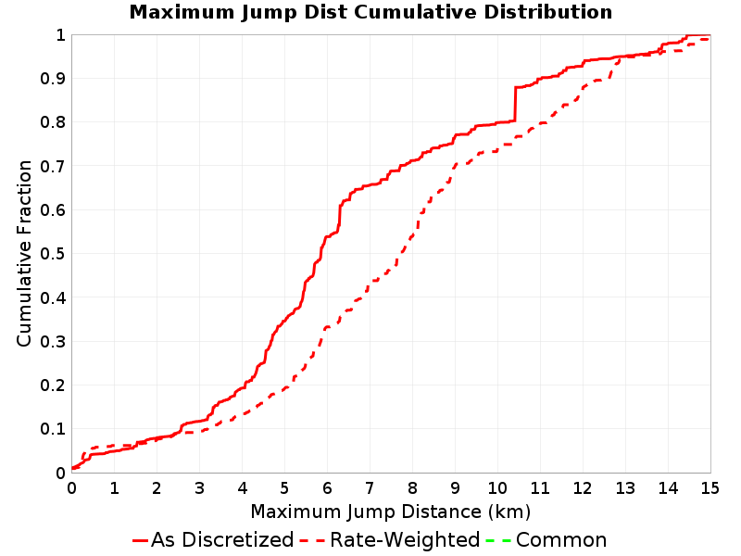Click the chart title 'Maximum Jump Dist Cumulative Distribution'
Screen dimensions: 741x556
point(370,12)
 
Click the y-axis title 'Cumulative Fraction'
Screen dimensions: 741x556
point(24,253)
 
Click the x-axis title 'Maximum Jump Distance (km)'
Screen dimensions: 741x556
point(391,512)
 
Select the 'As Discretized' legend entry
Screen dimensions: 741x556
point(213,540)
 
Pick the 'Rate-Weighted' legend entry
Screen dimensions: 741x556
point(390,540)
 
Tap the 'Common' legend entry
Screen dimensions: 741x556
point(546,540)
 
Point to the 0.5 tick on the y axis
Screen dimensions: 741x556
point(53,254)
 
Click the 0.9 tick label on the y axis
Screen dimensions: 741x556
point(53,79)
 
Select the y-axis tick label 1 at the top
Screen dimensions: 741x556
point(60,34)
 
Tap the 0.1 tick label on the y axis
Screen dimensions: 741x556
point(53,429)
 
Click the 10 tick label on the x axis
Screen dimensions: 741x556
point(497,488)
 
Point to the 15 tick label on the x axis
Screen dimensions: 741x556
point(710,488)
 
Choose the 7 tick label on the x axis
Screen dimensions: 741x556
point(370,488)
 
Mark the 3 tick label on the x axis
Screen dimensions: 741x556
point(199,488)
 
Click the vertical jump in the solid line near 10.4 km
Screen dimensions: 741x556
point(515,104)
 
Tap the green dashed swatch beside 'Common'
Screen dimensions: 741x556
point(498,540)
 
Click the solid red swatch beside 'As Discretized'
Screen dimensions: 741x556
point(141,540)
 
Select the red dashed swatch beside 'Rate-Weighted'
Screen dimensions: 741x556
point(312,540)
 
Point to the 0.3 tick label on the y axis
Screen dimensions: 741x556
point(53,341)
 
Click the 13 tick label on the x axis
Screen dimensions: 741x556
point(624,488)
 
